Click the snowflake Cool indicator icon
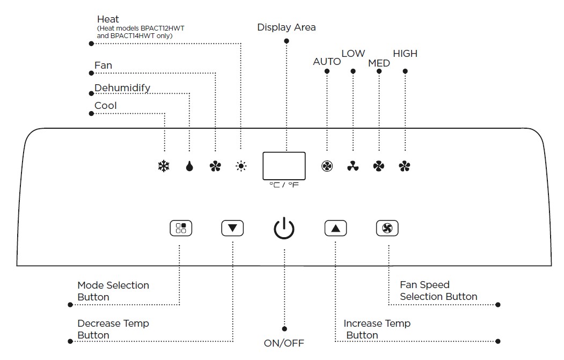[x=164, y=166]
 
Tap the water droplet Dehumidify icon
[x=189, y=166]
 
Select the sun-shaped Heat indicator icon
[x=241, y=166]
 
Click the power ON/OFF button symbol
[x=284, y=229]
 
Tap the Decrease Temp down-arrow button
[x=232, y=228]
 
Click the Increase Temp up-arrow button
[x=335, y=228]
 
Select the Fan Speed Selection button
[x=387, y=228]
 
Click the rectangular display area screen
[x=284, y=166]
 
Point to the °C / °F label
[x=284, y=185]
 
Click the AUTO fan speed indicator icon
[x=327, y=166]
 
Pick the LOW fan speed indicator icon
[x=353, y=166]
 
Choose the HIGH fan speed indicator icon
[x=405, y=166]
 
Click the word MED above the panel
[x=379, y=63]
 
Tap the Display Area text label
[x=287, y=27]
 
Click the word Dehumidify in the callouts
[x=122, y=88]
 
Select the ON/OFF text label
[x=284, y=343]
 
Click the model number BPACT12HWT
[x=162, y=28]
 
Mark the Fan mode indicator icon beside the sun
[x=215, y=166]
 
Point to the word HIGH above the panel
[x=405, y=54]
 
